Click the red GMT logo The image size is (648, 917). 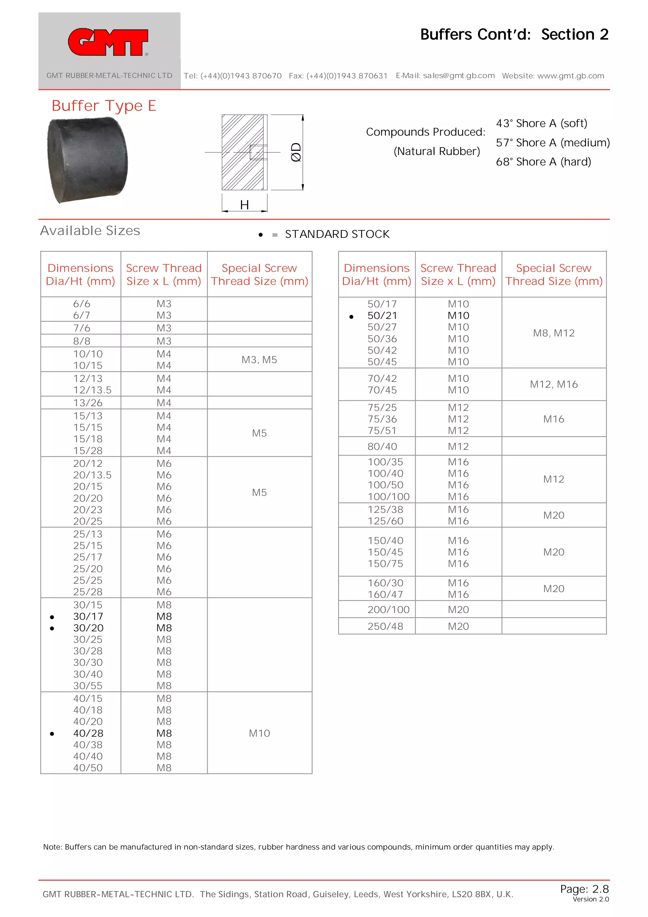click(108, 42)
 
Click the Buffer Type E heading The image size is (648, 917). click(103, 106)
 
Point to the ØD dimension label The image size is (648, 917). click(296, 152)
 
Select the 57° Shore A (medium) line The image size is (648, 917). click(552, 143)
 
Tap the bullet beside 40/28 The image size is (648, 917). click(52, 733)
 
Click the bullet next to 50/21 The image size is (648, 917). click(351, 317)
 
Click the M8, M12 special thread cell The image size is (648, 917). click(553, 333)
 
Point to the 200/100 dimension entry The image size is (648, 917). click(388, 610)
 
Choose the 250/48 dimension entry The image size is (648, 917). click(385, 626)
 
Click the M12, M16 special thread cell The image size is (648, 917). click(553, 384)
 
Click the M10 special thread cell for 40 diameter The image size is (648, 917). click(259, 733)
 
